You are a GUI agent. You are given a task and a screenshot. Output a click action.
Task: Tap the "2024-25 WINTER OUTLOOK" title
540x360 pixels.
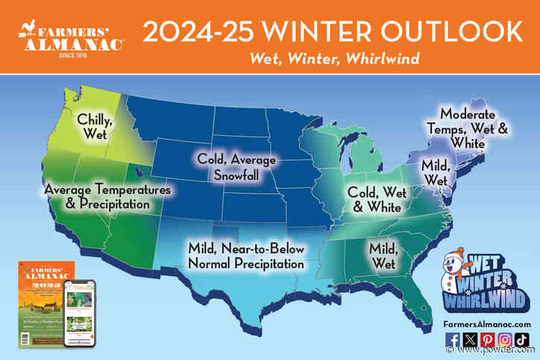331,31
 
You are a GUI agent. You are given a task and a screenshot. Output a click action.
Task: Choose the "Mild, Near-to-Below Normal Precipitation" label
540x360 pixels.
245,256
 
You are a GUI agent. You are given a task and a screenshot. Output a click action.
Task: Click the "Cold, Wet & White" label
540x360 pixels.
378,199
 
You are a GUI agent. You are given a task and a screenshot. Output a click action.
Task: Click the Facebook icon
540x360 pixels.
452,341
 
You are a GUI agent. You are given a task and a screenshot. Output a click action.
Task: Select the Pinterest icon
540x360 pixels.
487,341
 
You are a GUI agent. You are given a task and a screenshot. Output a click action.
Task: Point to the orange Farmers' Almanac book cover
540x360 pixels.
40,306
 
